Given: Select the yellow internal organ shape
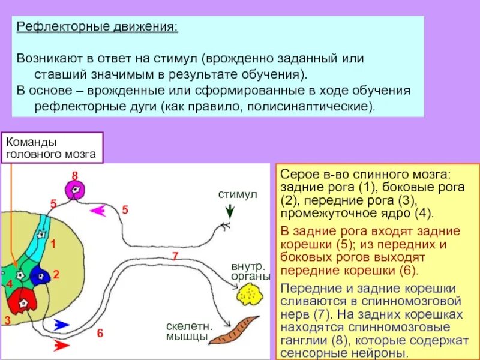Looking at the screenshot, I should (x=247, y=294).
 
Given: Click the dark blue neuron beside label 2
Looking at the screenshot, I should (x=40, y=275).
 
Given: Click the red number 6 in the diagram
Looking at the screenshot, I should (x=100, y=333).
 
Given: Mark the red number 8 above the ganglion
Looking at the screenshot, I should (x=75, y=175).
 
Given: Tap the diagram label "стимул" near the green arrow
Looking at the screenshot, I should (x=237, y=195).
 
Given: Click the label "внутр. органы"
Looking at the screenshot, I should (x=250, y=271).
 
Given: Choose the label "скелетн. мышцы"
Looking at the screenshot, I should (x=187, y=332).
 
